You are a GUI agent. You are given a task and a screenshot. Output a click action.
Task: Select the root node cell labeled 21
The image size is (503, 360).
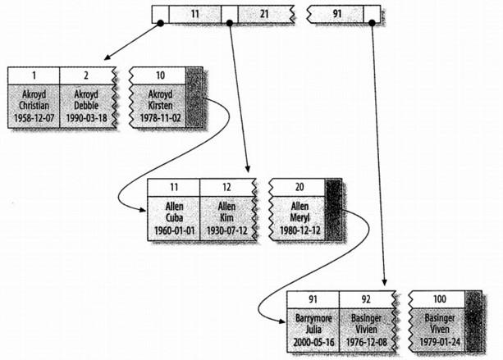(264, 14)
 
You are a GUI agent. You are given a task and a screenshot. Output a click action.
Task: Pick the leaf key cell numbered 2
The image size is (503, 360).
(87, 74)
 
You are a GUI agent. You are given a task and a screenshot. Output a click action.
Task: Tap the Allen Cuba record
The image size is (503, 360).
(173, 217)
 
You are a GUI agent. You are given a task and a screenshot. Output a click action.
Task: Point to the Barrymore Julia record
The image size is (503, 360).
(313, 330)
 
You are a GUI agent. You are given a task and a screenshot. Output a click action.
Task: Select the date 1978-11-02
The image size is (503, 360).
(157, 118)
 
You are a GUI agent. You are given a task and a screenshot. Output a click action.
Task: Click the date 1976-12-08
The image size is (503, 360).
(367, 343)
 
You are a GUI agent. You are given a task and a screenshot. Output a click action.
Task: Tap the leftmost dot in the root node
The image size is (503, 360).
(160, 24)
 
